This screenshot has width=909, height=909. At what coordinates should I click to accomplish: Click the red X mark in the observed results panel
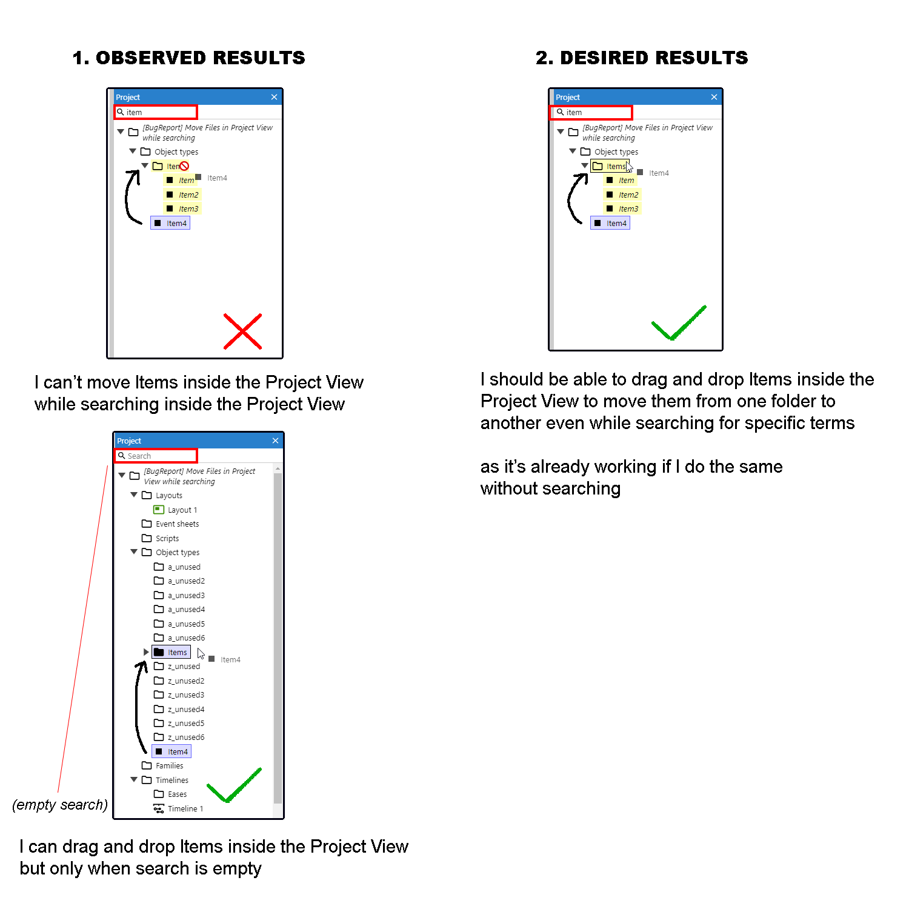click(x=242, y=331)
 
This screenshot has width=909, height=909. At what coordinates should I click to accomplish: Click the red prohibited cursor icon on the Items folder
click(x=184, y=166)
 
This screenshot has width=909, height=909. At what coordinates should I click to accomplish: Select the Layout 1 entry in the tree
click(x=182, y=510)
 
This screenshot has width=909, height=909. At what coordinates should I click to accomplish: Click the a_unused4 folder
click(x=186, y=609)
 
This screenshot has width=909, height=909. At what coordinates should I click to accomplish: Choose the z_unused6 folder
click(x=185, y=737)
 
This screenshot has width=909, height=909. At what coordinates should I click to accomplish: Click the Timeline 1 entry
click(x=185, y=808)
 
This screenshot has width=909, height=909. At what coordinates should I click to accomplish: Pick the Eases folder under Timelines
click(x=177, y=794)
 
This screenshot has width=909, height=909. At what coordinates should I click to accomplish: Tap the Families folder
click(x=169, y=765)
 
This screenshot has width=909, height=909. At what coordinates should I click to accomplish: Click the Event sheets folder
click(x=177, y=524)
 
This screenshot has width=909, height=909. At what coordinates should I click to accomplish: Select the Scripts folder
click(x=167, y=538)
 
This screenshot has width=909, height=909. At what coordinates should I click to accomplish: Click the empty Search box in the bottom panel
click(x=156, y=456)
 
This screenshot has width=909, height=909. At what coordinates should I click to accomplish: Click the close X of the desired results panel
click(x=714, y=97)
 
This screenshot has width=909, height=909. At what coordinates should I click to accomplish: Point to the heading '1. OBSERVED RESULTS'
click(x=188, y=58)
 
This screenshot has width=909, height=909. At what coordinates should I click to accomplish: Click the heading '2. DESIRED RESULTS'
click(x=642, y=58)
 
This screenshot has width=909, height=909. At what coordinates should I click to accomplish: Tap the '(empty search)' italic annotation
click(x=60, y=805)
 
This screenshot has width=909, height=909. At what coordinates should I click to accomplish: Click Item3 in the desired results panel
click(x=628, y=208)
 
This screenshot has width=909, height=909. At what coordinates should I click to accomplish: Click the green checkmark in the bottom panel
click(x=233, y=787)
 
